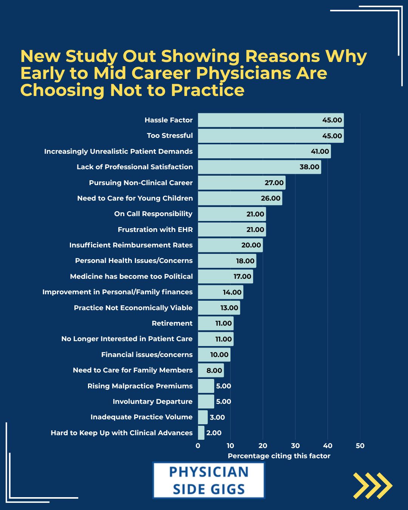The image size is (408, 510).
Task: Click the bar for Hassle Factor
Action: [271, 120]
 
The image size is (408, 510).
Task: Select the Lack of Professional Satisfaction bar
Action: [260, 167]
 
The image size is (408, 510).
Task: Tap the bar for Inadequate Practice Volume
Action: [203, 417]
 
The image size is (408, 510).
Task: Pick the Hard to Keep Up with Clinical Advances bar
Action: [201, 433]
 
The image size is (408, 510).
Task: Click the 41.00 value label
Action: [320, 151]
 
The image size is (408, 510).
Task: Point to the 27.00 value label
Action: [274, 183]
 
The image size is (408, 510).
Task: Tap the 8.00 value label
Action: [214, 371]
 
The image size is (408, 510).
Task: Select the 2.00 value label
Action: [214, 433]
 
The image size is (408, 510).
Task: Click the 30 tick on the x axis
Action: [295, 446]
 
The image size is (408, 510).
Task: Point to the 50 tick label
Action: [360, 446]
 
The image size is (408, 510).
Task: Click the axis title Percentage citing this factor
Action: [279, 456]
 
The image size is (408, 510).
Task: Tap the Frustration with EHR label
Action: [155, 230]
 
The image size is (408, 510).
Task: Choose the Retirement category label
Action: [172, 323]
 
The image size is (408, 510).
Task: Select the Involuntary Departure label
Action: [153, 402]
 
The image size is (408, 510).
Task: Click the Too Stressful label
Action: [170, 136]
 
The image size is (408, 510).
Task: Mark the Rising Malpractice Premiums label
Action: [140, 386]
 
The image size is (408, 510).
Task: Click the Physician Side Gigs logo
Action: [209, 481]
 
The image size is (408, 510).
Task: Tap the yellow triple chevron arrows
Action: [373, 485]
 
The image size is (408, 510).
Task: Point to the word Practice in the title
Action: [208, 90]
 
